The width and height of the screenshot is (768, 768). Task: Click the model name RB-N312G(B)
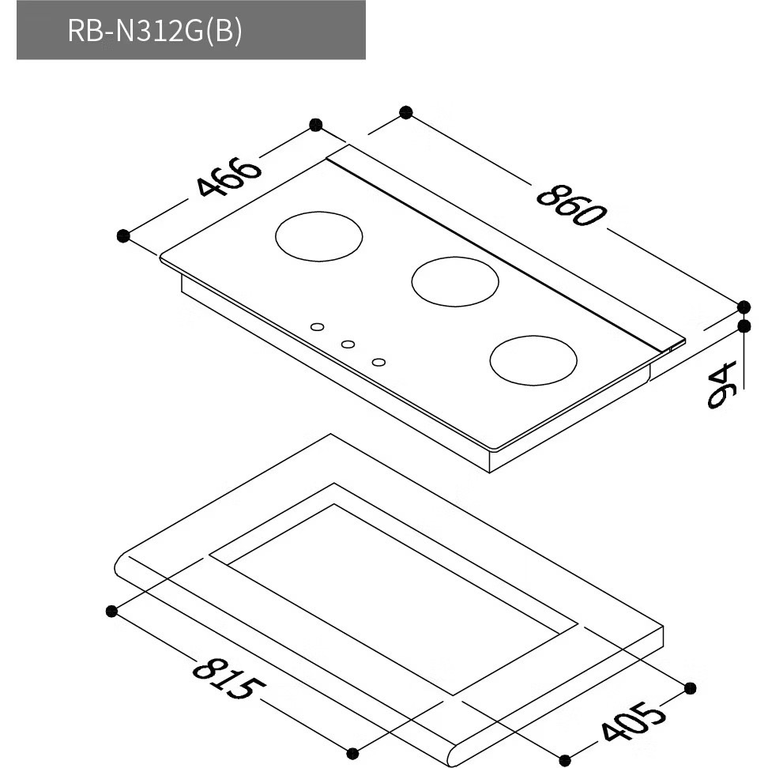(x=155, y=31)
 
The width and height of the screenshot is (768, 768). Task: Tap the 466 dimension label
(x=228, y=176)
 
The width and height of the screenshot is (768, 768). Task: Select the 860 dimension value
(x=571, y=205)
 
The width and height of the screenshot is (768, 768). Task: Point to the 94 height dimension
(x=722, y=385)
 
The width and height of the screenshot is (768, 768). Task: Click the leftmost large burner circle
(x=319, y=236)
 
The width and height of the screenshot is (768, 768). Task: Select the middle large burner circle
(x=455, y=281)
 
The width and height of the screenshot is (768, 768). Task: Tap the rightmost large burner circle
(x=533, y=360)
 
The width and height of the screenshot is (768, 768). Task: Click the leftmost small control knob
(x=318, y=326)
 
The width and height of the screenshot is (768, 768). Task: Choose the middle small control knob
(x=348, y=344)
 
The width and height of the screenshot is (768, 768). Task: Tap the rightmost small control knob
(x=378, y=362)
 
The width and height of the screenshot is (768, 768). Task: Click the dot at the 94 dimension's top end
(x=744, y=326)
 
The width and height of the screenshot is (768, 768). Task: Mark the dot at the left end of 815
(x=111, y=611)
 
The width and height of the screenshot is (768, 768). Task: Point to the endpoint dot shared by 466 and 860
(x=316, y=125)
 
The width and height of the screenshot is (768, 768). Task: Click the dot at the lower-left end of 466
(x=123, y=236)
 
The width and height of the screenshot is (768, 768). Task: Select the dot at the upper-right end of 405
(x=690, y=688)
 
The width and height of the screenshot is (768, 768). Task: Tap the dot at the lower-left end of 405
(x=565, y=761)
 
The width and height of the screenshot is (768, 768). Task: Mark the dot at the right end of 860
(x=744, y=307)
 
